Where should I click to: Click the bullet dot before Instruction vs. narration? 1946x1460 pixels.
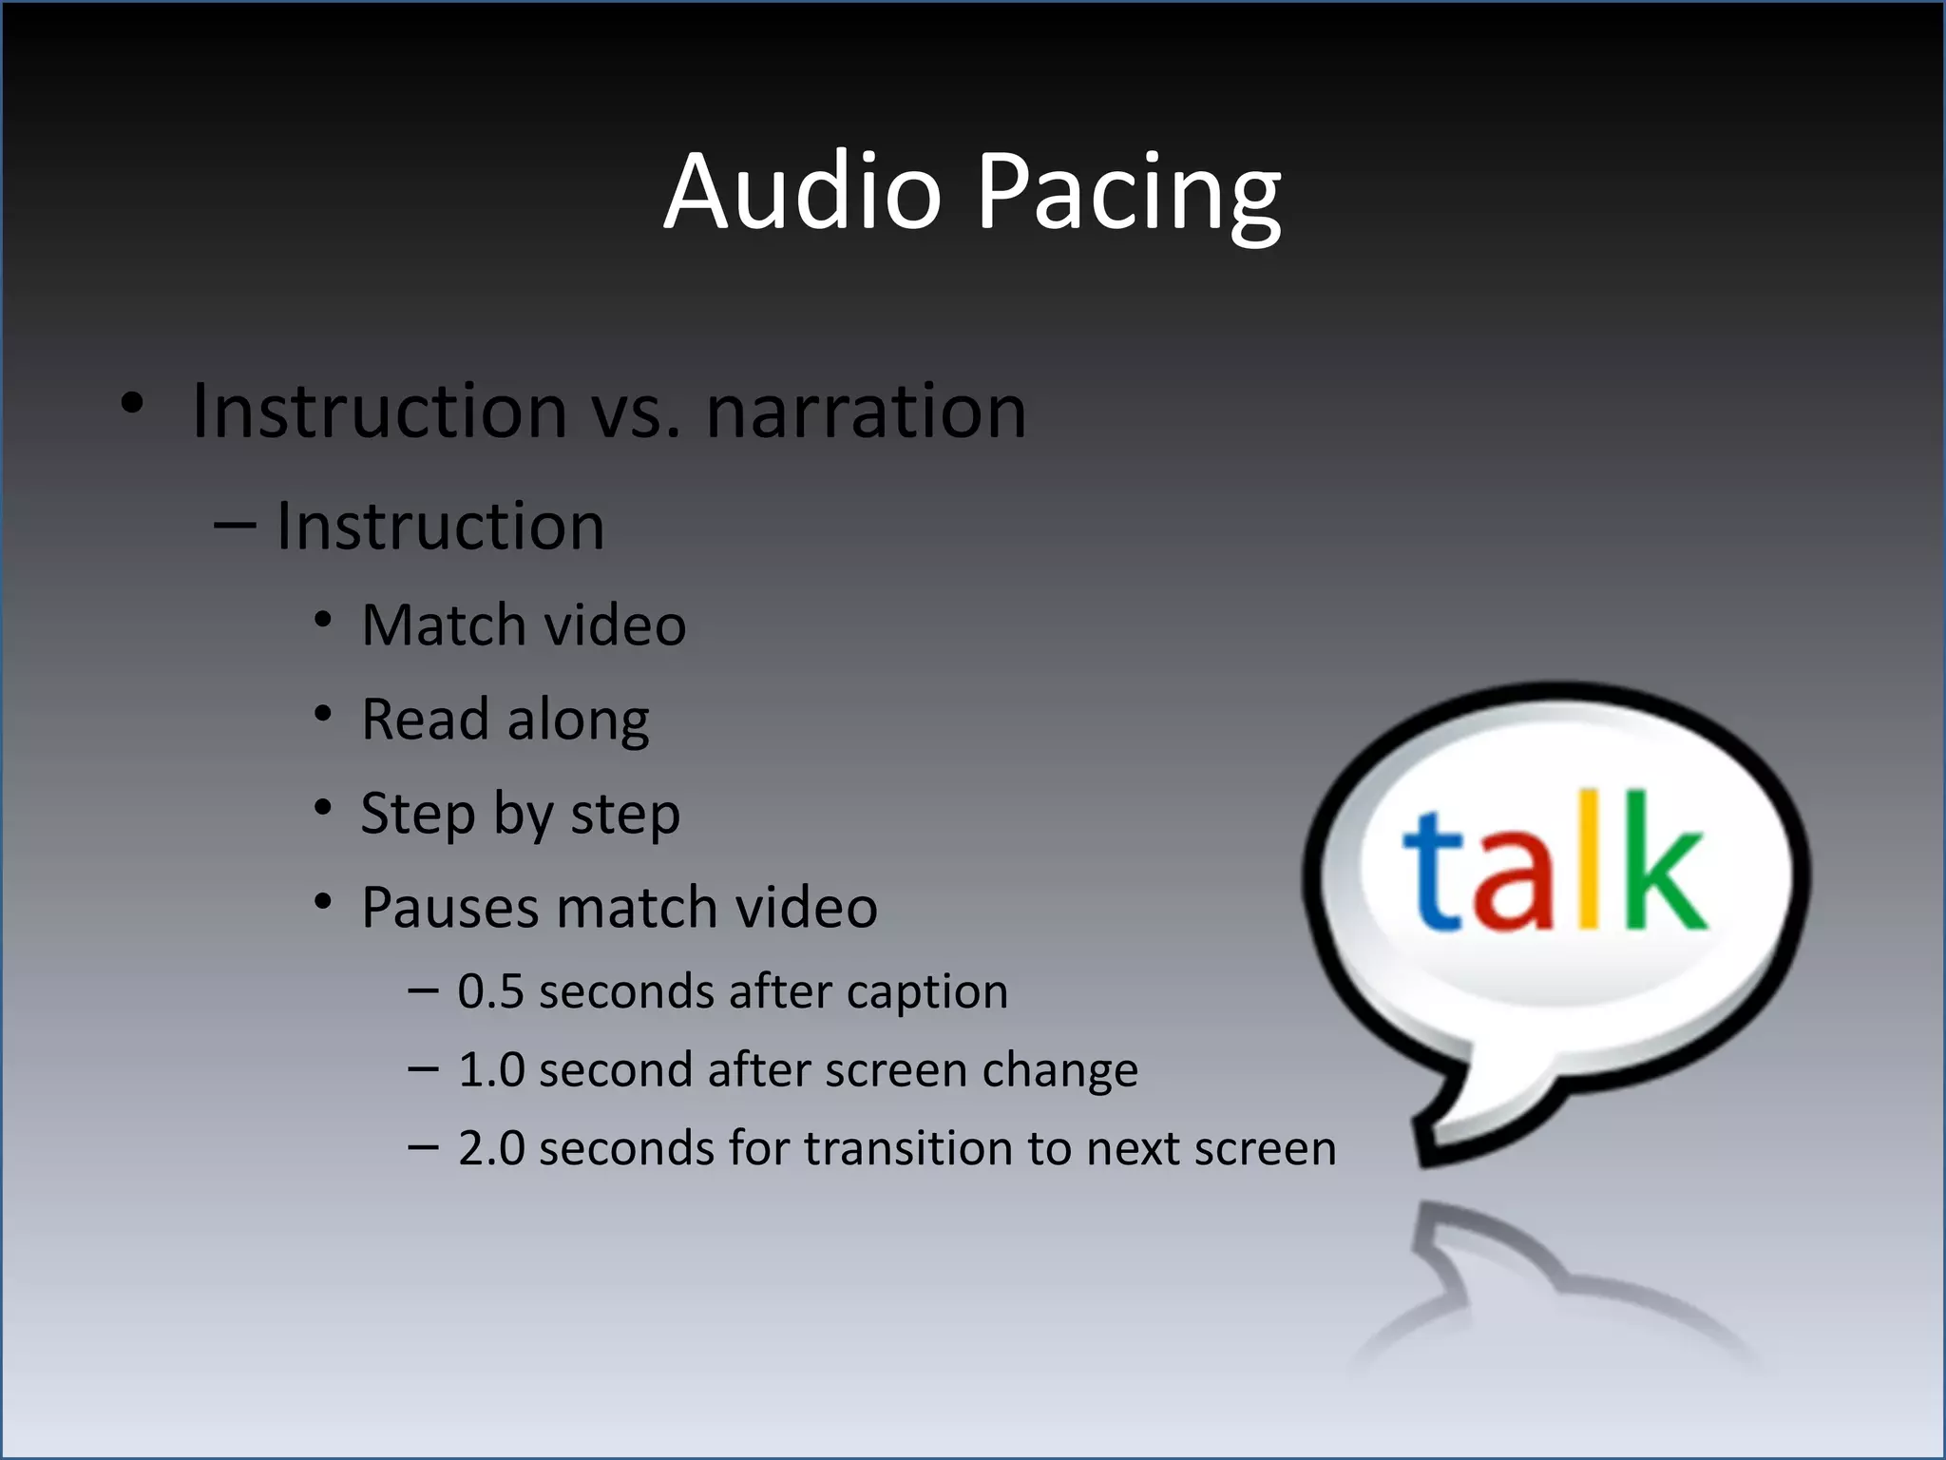point(132,403)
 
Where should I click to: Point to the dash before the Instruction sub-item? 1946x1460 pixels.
point(235,526)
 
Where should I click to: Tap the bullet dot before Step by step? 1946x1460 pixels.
point(323,808)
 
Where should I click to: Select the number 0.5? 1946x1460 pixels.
point(490,991)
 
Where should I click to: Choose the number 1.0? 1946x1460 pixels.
point(490,1069)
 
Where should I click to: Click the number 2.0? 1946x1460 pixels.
point(490,1147)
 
